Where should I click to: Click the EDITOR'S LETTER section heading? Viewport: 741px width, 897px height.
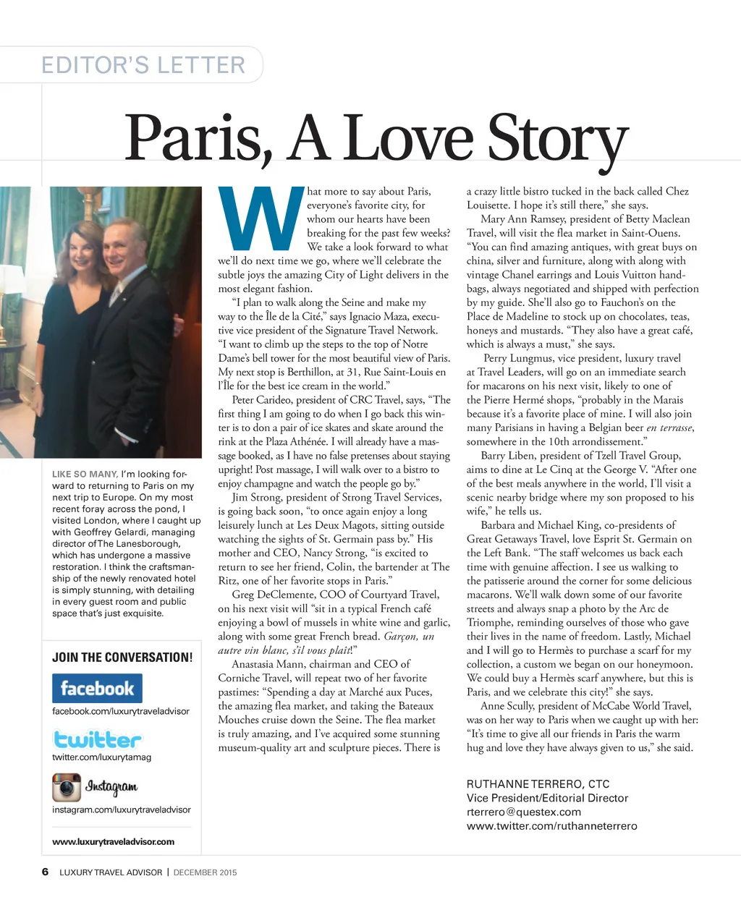tap(143, 65)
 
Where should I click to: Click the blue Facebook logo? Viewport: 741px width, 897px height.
tap(97, 688)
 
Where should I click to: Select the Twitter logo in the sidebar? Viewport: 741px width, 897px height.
tap(98, 739)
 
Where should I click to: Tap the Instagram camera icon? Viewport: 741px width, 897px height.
tap(66, 787)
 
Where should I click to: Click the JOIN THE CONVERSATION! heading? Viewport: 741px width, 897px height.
tap(122, 658)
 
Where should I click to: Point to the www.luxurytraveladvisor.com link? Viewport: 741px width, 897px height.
tap(113, 841)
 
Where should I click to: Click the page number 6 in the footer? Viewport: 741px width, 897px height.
tap(46, 872)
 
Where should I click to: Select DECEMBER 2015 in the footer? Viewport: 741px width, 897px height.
tap(205, 872)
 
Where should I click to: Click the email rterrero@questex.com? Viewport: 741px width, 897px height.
tap(523, 812)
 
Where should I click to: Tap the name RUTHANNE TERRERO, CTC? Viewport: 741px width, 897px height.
tap(538, 784)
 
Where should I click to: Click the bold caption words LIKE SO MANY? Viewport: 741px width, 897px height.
tap(85, 475)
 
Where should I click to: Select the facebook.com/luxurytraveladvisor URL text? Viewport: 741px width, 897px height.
tap(120, 711)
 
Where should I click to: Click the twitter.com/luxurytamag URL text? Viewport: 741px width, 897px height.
tap(101, 757)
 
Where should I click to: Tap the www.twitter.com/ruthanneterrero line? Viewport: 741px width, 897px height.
tap(551, 826)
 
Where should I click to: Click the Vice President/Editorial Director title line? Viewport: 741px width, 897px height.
tap(547, 798)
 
